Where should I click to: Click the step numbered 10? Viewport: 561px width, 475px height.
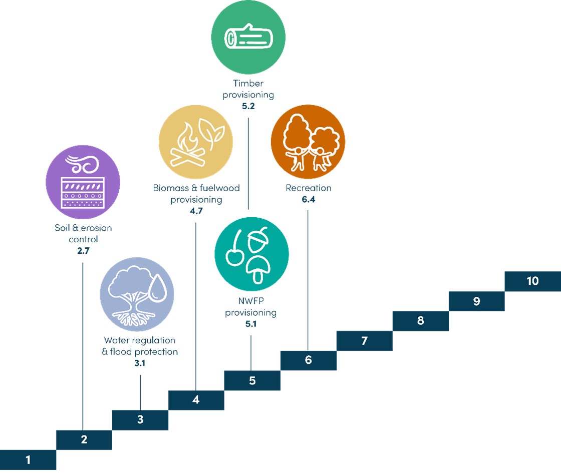[532, 281]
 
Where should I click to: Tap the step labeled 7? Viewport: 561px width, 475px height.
[364, 341]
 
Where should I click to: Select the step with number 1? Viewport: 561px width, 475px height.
[28, 459]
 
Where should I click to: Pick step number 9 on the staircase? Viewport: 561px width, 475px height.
[476, 301]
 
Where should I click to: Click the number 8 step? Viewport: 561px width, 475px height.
[420, 321]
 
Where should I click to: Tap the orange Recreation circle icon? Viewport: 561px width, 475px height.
[308, 141]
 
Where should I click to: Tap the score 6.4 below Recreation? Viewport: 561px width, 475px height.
[308, 200]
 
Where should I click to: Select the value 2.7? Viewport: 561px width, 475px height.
[83, 251]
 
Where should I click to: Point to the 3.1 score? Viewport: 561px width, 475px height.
[140, 364]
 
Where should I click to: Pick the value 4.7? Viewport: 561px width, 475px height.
[196, 211]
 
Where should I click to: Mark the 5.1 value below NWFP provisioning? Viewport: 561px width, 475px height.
[250, 324]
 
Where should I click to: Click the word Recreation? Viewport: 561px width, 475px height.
[309, 189]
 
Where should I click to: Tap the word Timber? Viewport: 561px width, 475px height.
[248, 84]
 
